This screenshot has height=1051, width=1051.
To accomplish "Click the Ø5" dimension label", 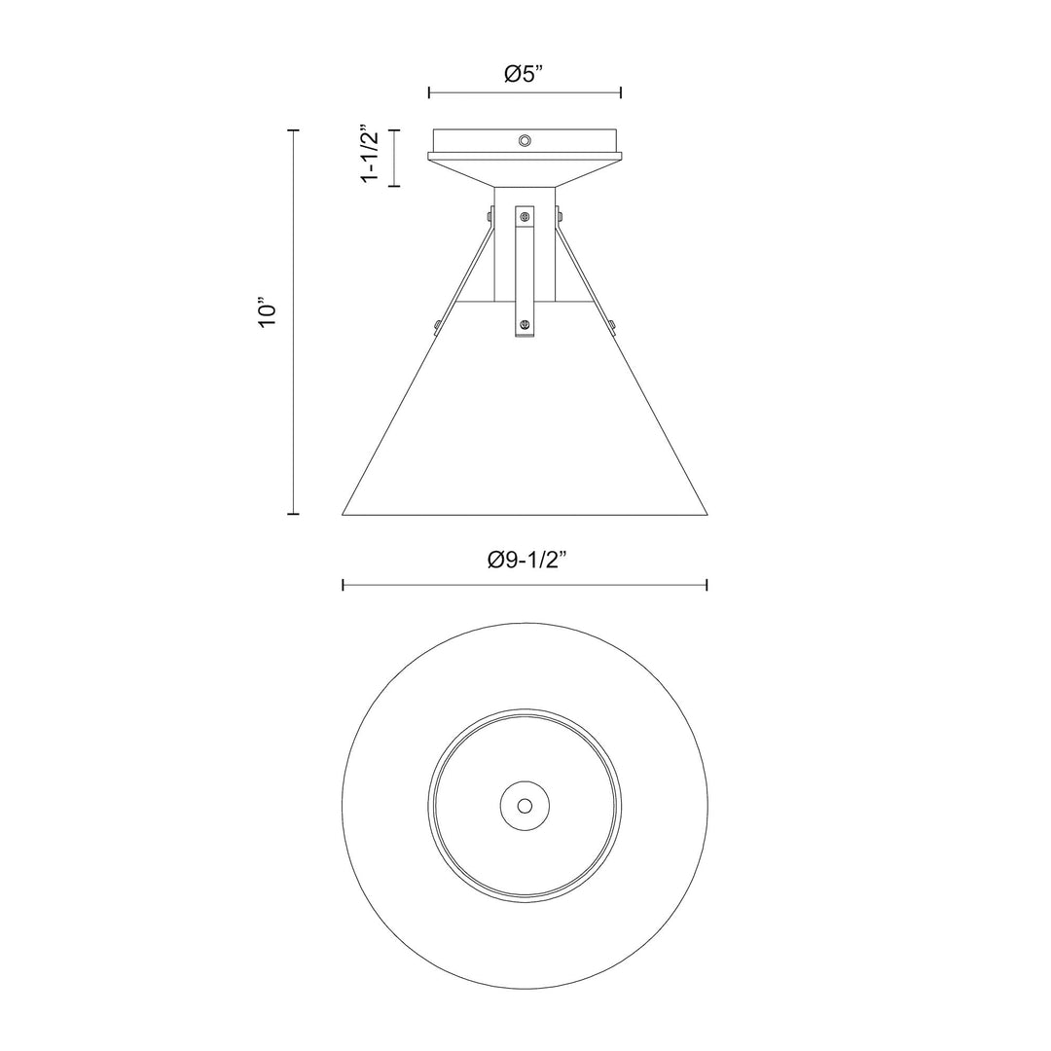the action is pyautogui.click(x=525, y=74).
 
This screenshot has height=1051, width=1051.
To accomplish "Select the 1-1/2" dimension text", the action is pyautogui.click(x=370, y=153).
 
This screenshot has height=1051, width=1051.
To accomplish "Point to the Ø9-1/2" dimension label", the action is pyautogui.click(x=525, y=559).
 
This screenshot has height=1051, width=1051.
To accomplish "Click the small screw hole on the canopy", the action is pyautogui.click(x=525, y=140).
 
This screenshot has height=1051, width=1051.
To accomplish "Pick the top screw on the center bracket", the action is pyautogui.click(x=525, y=216).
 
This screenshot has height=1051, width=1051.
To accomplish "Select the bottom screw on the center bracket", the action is pyautogui.click(x=525, y=324).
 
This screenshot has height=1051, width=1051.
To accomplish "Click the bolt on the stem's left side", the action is pyautogui.click(x=489, y=215).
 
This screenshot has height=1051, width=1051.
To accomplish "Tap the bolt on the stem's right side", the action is pyautogui.click(x=559, y=215).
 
